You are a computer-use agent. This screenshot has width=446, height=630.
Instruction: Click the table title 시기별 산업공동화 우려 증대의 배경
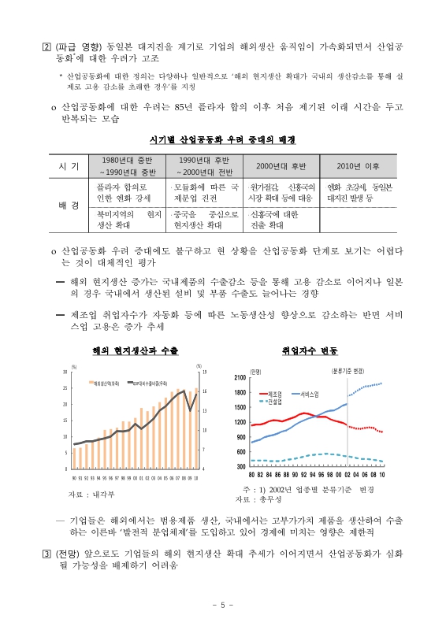pos(223,139)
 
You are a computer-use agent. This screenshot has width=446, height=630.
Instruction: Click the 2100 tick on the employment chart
pos(241,378)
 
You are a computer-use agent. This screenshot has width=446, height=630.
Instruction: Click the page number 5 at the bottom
pos(223,605)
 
